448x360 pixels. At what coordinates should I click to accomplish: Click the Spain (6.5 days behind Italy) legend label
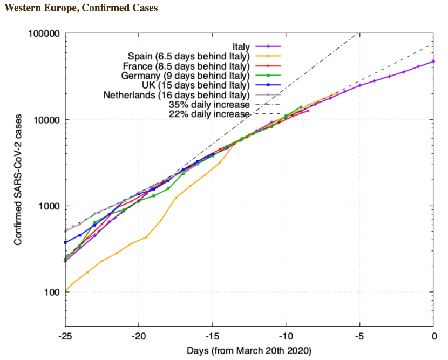point(188,56)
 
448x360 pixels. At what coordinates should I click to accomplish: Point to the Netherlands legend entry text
point(177,95)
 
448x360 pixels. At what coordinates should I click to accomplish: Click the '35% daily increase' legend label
point(209,105)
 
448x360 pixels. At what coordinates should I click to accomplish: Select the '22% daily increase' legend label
point(209,114)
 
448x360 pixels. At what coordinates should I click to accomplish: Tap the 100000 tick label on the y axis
point(43,33)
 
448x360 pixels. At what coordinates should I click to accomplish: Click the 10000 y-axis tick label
point(45,120)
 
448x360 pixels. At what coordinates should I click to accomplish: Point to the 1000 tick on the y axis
point(47,206)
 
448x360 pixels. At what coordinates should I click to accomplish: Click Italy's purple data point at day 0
point(433,62)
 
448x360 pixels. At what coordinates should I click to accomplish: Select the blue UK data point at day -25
point(65,242)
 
